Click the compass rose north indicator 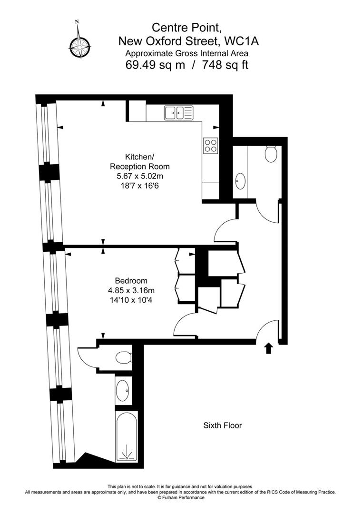tap(79, 40)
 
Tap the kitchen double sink tap(178, 112)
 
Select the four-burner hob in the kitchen tap(211, 145)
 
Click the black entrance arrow tap(269, 348)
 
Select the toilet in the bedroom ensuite tap(124, 357)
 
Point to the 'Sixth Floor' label tap(223, 425)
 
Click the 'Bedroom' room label tap(131, 281)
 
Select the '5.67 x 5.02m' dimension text tap(140, 177)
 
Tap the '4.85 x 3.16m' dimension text tap(131, 290)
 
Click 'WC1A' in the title tap(241, 41)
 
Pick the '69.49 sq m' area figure tap(155, 65)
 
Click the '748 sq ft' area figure tap(225, 65)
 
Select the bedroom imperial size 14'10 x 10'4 tap(131, 300)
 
